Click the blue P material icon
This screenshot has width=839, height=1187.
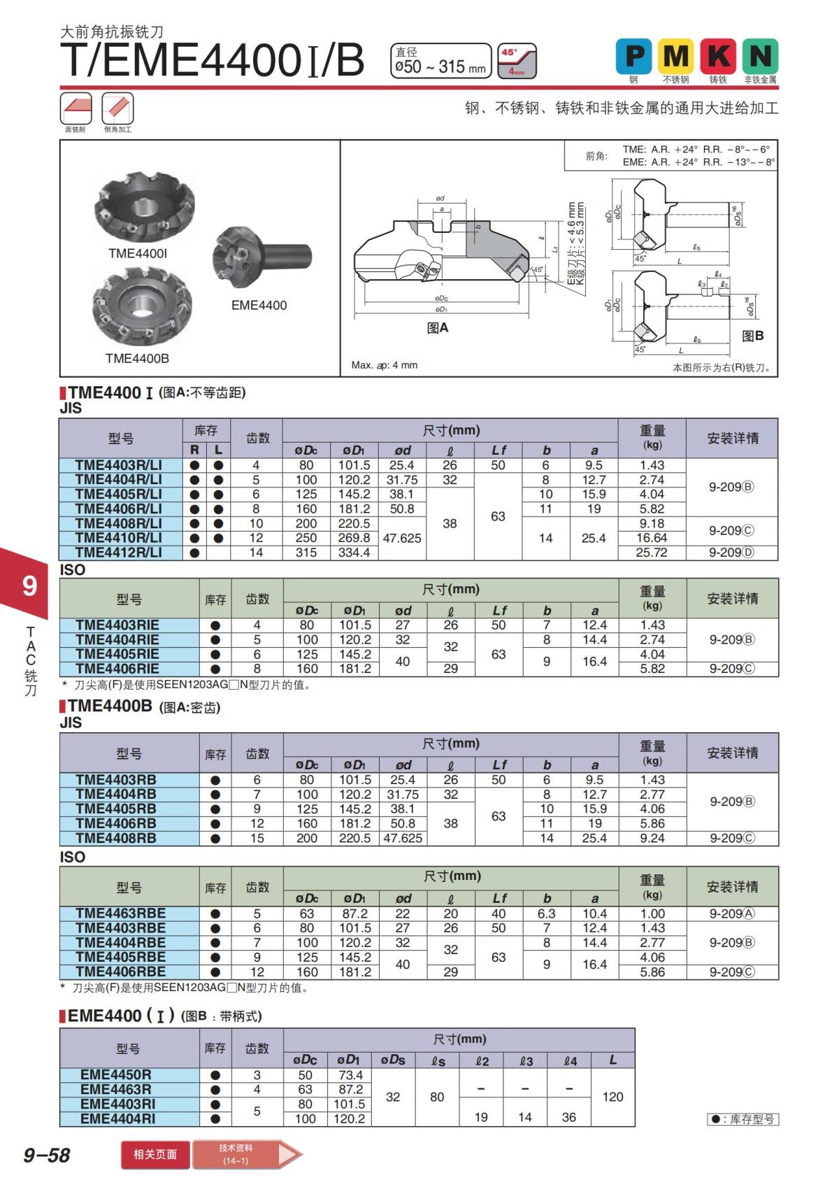tap(633, 56)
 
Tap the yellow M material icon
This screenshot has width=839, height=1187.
tap(675, 56)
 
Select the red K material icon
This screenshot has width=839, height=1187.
tap(718, 56)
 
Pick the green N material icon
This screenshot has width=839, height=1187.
tap(760, 56)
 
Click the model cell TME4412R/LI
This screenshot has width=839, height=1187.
tap(119, 553)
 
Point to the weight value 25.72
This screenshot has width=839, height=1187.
tap(652, 553)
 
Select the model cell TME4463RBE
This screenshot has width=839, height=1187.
tap(120, 914)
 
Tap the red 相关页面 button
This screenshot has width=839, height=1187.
tap(155, 1154)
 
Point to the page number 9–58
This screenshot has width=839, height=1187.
tap(47, 1155)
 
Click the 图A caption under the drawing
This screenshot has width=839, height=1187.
tap(438, 328)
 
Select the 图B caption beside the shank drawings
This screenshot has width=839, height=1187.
tap(753, 336)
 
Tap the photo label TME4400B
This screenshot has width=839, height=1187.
tap(137, 359)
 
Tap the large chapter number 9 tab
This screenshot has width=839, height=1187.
tap(29, 585)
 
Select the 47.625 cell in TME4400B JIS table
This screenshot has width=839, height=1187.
tap(403, 838)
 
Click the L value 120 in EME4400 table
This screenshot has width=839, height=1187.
tap(612, 1097)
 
